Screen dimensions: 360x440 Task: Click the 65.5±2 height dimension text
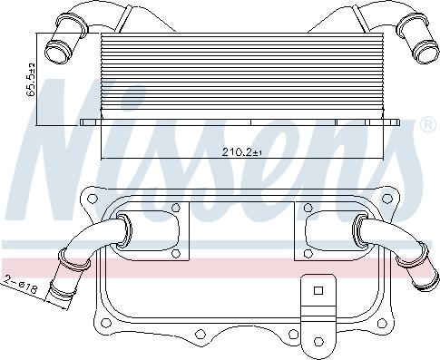click(31, 80)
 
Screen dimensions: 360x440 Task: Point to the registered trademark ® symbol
click(425, 128)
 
